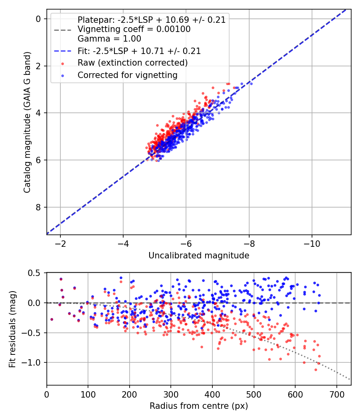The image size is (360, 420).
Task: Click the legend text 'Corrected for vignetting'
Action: [127, 75]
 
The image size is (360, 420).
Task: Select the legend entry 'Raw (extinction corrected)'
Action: [132, 63]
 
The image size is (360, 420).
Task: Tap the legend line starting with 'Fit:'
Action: [139, 51]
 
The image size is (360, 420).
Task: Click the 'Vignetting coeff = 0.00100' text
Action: [134, 29]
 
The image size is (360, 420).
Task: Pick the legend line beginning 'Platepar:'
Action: [152, 20]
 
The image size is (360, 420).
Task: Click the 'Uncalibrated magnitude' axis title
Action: [199, 256]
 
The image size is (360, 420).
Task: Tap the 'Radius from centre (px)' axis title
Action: [199, 406]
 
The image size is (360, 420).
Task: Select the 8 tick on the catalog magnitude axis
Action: [38, 207]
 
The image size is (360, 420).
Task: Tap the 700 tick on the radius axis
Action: [336, 394]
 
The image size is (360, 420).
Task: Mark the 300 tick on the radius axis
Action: [171, 394]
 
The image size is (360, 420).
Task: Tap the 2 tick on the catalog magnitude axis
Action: [38, 66]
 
